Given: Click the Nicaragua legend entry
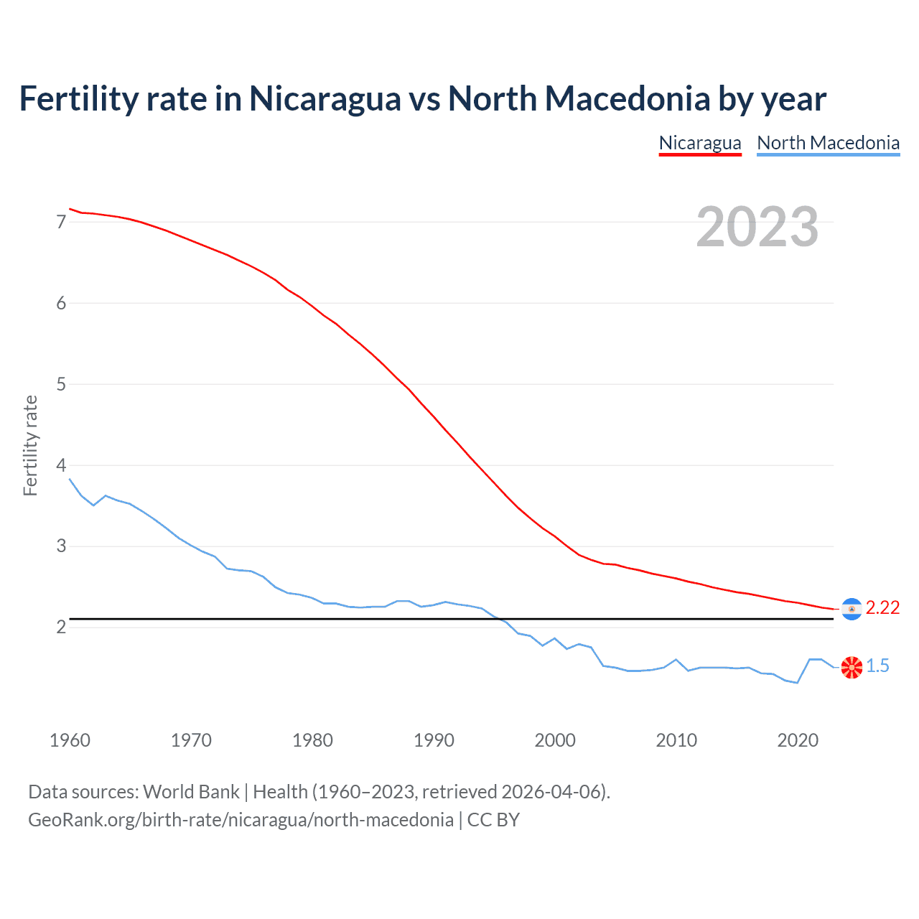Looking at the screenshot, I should coord(700,143).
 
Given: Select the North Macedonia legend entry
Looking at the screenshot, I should coord(828,143).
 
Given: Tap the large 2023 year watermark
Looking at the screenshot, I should coord(757,227).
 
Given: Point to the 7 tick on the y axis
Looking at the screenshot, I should coord(61,222).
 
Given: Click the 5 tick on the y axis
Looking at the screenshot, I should coord(61,384).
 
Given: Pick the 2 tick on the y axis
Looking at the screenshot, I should coord(61,628).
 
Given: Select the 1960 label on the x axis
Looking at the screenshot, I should coord(70,740).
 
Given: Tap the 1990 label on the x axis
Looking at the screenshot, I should coord(434,740).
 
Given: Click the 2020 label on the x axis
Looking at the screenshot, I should coord(798,740).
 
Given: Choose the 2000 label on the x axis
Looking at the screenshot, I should coord(555,740).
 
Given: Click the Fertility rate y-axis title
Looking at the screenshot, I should coord(30,445).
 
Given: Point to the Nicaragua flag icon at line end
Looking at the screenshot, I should coord(852,609).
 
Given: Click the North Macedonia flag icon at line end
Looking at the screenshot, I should coord(852,667).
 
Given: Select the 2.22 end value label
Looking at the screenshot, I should coord(882,608).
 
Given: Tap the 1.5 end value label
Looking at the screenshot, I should coord(877,666).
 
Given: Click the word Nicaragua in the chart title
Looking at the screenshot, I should coord(325,99).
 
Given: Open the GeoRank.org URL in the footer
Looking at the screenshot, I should coord(241,820).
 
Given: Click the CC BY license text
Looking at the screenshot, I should coord(493,820).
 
